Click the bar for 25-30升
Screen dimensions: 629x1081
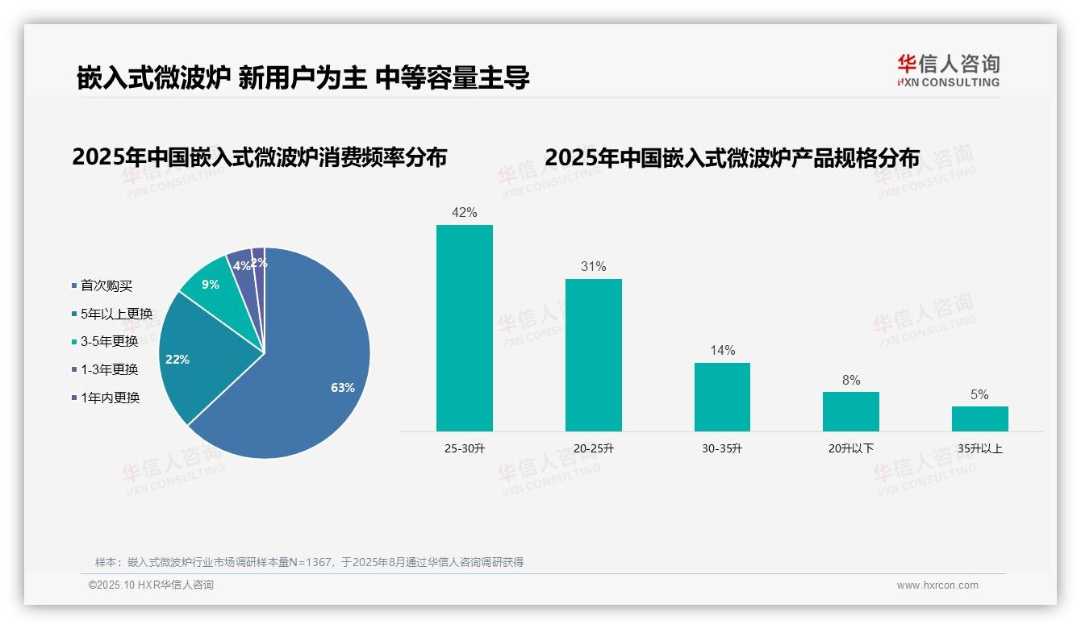coord(464,327)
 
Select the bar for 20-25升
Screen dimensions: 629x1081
coord(593,355)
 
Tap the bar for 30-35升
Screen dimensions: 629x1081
coord(722,397)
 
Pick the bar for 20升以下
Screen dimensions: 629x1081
coord(850,411)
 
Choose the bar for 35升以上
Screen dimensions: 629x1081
coord(979,419)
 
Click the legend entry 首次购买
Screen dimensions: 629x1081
coord(106,285)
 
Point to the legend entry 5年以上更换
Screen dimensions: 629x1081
coord(115,314)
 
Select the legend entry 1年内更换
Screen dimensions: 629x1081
coord(110,398)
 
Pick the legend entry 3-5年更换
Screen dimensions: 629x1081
coord(109,341)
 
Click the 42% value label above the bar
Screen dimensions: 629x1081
coord(464,213)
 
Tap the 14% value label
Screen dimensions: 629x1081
coord(722,350)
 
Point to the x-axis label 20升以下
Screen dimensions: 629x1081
coord(850,448)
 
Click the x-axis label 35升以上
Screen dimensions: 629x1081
coord(979,448)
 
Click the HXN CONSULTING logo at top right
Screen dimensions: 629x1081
coord(948,70)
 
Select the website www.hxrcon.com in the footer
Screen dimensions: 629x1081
coord(937,585)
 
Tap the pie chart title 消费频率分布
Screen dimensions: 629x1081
coord(259,157)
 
